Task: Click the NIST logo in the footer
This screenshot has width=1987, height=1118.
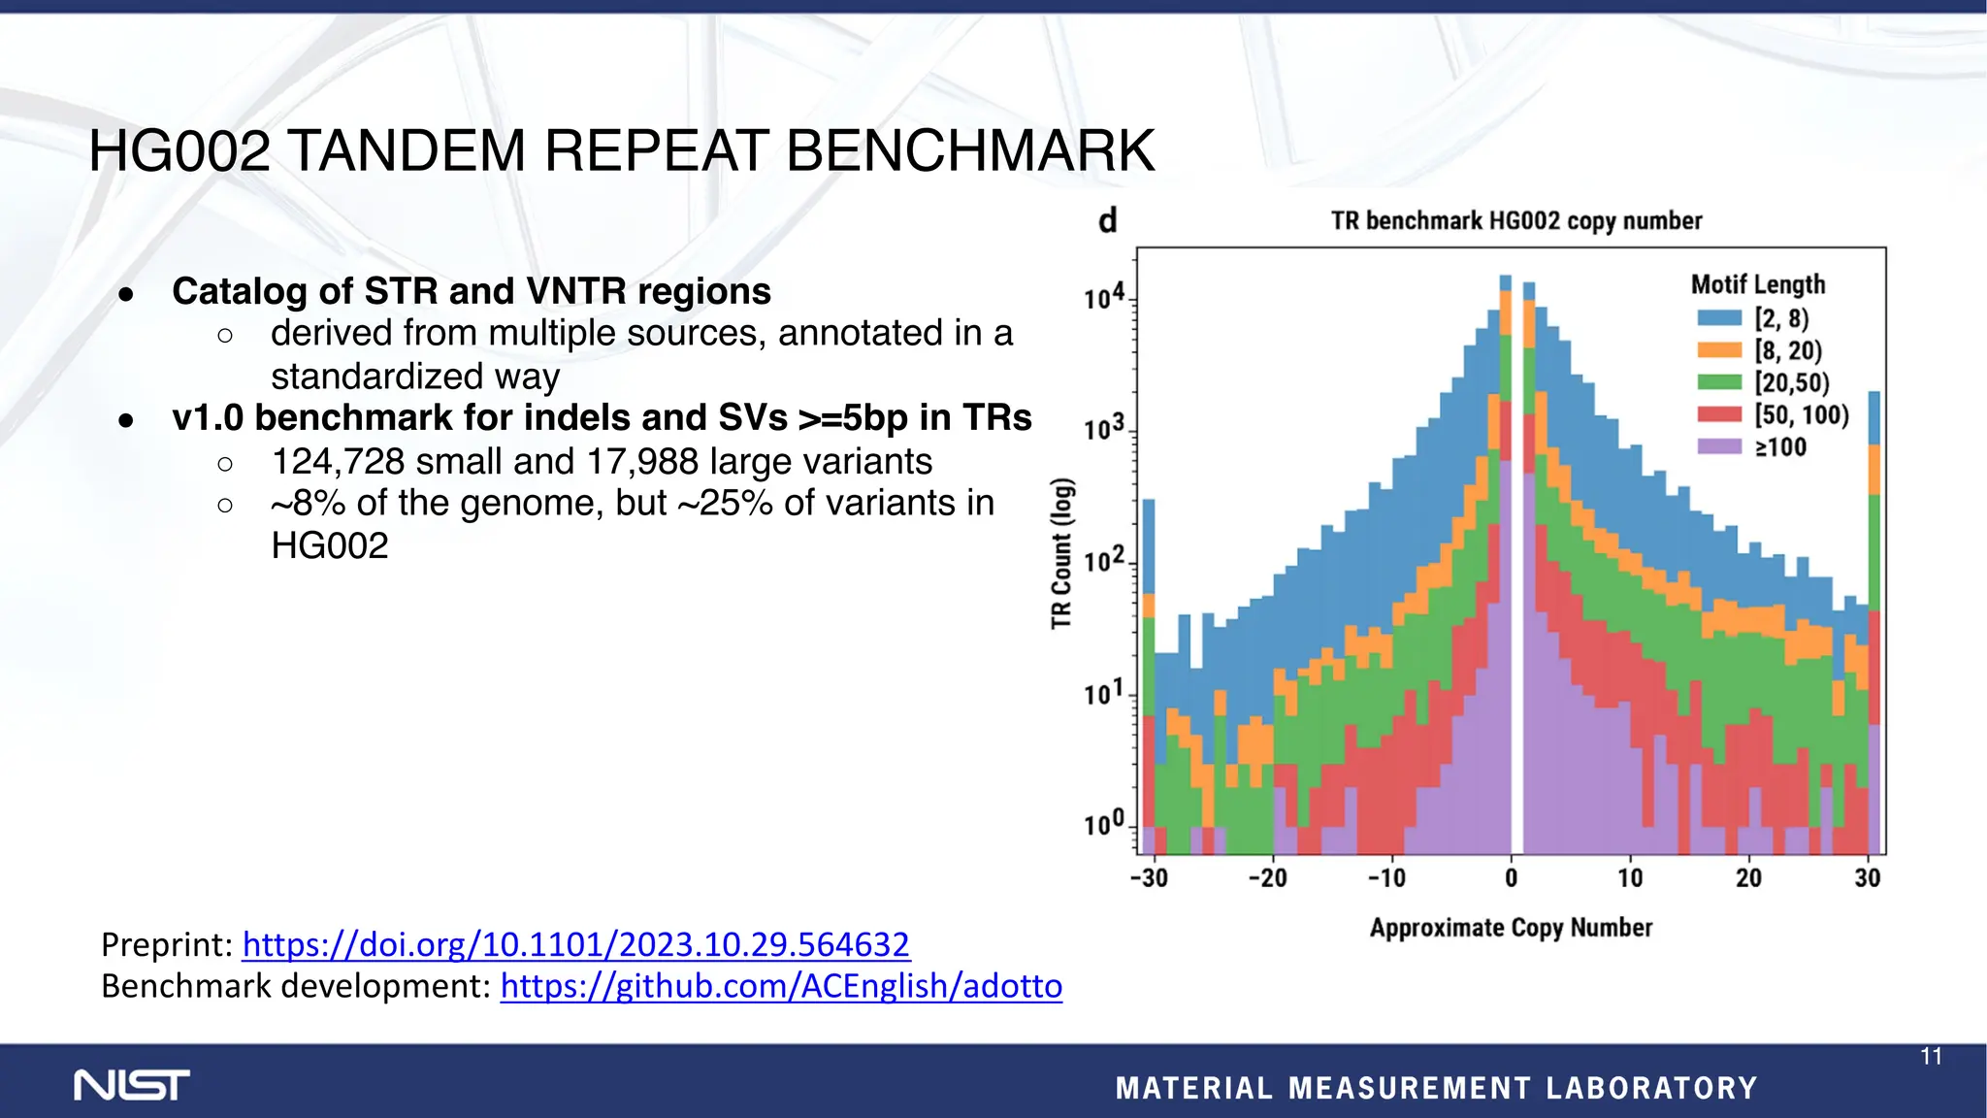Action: pyautogui.click(x=132, y=1085)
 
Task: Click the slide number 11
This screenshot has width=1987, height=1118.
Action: pyautogui.click(x=1931, y=1057)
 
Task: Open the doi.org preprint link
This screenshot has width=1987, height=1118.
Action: pyautogui.click(x=575, y=944)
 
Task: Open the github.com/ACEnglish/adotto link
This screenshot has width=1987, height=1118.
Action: pyautogui.click(x=781, y=986)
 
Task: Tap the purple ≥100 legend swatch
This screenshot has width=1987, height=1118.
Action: pyautogui.click(x=1719, y=447)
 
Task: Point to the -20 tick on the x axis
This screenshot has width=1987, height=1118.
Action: pyautogui.click(x=1267, y=878)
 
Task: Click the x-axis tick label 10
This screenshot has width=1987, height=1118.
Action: pyautogui.click(x=1630, y=878)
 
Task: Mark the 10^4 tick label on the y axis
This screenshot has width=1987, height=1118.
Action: pyautogui.click(x=1104, y=297)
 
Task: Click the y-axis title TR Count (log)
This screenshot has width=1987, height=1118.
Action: pyautogui.click(x=1062, y=553)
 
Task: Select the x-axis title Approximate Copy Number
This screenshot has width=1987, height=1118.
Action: pyautogui.click(x=1511, y=928)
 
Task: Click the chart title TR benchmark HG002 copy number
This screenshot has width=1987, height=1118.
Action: pyautogui.click(x=1515, y=221)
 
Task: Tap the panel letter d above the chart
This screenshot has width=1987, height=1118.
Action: pyautogui.click(x=1108, y=221)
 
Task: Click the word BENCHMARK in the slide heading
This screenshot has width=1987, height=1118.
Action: pyautogui.click(x=969, y=151)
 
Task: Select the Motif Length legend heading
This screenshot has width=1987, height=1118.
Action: pyautogui.click(x=1757, y=284)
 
